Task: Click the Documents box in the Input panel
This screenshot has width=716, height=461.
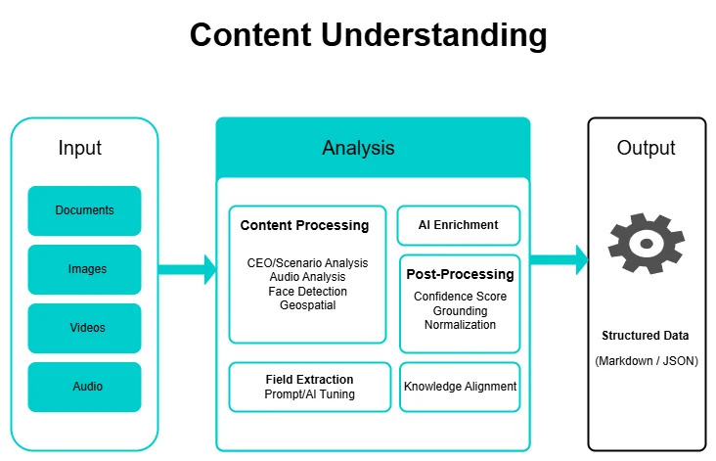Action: tap(85, 210)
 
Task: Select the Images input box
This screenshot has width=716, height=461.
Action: tap(85, 269)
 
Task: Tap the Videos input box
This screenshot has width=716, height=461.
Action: tap(85, 328)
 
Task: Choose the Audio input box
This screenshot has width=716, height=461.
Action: tap(85, 387)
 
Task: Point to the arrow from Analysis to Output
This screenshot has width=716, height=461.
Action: tap(559, 260)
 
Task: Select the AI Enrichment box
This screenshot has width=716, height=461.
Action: tap(459, 225)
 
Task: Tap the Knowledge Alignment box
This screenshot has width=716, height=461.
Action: tap(460, 387)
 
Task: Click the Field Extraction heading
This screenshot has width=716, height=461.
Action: tap(309, 380)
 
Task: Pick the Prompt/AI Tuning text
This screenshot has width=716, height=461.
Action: tap(309, 394)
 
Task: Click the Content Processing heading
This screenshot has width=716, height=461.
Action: tap(305, 226)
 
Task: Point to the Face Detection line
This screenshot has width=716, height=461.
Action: tap(307, 292)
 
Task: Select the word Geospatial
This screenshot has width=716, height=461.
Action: tap(307, 305)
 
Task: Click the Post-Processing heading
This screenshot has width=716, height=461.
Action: tap(460, 275)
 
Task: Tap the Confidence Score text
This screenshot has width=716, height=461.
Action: tap(460, 297)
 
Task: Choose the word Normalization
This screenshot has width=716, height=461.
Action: tap(460, 325)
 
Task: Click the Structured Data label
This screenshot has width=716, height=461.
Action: tap(646, 336)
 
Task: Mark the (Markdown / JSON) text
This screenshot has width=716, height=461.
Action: tap(646, 362)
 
